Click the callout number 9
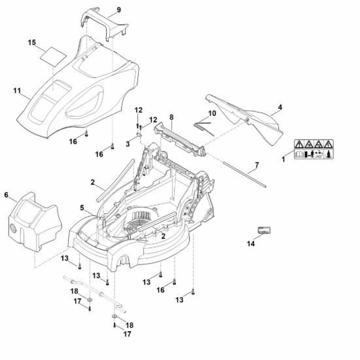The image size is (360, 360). click(x=118, y=10)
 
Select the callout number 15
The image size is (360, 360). click(x=32, y=43)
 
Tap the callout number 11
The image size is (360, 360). click(x=17, y=91)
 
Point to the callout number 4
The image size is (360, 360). click(x=280, y=107)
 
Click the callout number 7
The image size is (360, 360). click(x=257, y=165)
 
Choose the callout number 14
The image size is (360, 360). click(x=251, y=243)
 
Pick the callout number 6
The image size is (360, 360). click(x=6, y=195)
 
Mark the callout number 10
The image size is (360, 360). click(x=212, y=113)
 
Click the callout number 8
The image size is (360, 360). click(x=171, y=117)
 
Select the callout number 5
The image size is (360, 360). click(x=82, y=208)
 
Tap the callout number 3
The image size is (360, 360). click(x=128, y=144)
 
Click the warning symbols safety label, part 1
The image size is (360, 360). click(x=314, y=149)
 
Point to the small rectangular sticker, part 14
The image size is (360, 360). click(x=264, y=230)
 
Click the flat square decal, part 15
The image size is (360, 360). click(x=54, y=56)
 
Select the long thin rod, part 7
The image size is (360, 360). click(x=245, y=175)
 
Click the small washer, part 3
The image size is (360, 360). click(x=139, y=134)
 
